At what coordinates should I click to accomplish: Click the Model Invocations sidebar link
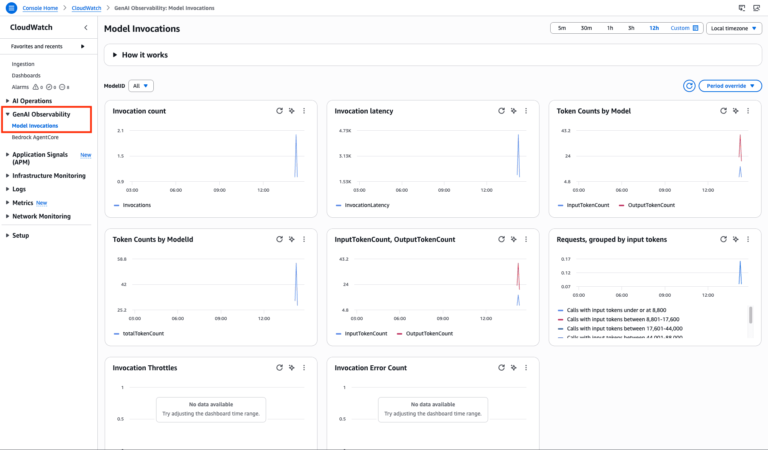pos(35,126)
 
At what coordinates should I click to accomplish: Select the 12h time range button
pos(654,28)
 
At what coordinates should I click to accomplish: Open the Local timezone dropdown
pos(733,28)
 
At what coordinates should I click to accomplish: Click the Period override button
pos(730,86)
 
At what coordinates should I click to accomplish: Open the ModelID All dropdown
pos(141,86)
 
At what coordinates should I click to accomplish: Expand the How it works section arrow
pos(115,55)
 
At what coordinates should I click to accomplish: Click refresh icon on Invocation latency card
pos(501,111)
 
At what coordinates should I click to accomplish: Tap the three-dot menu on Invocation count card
pos(304,111)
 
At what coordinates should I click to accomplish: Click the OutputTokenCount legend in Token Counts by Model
pos(651,205)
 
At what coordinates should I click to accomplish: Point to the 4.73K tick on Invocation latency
pos(345,131)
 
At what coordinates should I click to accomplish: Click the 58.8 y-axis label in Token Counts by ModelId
pos(122,259)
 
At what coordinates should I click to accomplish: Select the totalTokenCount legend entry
pos(143,333)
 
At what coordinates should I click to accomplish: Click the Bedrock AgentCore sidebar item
pos(35,137)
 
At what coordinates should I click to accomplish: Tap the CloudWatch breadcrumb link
pos(86,8)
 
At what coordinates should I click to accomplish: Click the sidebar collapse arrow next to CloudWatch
pos(86,28)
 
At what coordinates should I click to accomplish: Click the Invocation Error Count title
pos(370,368)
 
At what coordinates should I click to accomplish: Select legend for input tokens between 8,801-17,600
pos(623,319)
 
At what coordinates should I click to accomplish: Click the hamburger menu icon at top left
pos(12,8)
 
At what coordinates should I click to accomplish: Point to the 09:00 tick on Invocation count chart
pos(219,190)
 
